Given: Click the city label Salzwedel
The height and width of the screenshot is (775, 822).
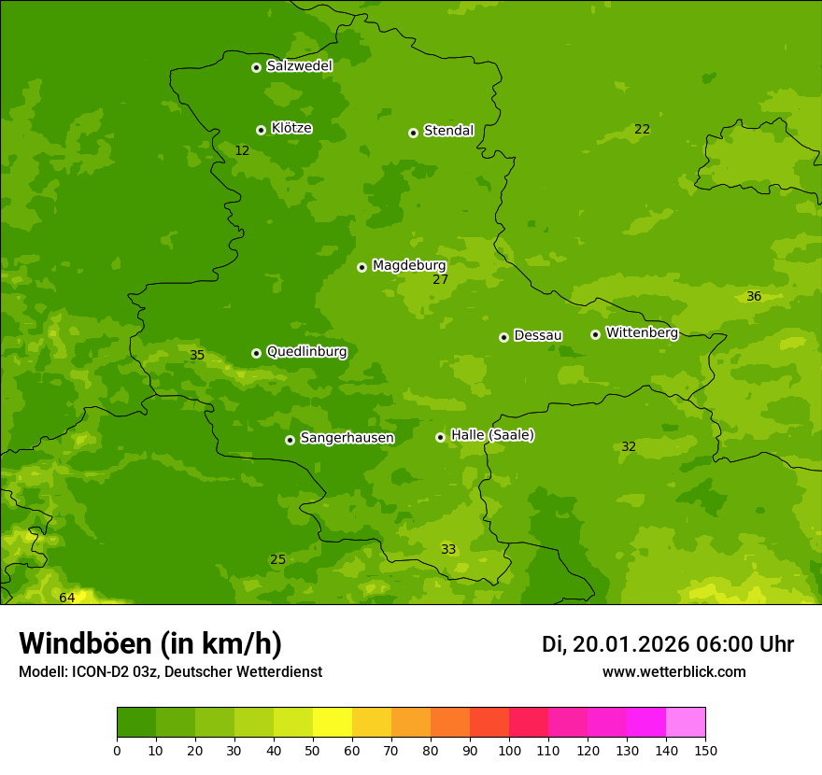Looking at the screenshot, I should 299,65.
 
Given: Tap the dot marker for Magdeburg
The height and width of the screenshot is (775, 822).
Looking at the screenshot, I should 361,267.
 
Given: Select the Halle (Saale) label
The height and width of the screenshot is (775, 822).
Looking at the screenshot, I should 492,435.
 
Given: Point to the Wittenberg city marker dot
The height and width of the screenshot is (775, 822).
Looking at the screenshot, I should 595,334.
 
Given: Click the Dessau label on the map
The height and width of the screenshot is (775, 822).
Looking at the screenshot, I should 538,335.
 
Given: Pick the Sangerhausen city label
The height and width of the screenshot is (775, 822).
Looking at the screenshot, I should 347,438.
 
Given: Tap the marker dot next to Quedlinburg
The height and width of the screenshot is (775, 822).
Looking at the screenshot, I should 256,353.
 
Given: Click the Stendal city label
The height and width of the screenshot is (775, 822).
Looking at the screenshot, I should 448,131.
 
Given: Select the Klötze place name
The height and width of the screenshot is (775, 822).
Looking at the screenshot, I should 291,128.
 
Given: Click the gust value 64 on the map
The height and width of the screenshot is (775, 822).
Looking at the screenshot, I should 67,598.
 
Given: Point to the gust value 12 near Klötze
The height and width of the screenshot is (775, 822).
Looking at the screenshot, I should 242,150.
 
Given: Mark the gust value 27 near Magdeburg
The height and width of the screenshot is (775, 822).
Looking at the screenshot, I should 441,279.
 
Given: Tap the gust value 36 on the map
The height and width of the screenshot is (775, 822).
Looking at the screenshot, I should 754,296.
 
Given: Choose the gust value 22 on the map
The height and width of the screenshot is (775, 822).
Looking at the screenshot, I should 642,129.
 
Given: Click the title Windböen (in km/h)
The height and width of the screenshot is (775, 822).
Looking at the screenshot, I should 150,643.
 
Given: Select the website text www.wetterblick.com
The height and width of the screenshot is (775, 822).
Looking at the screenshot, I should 673,672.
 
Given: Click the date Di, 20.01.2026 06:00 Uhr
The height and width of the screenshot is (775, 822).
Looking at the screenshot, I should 667,644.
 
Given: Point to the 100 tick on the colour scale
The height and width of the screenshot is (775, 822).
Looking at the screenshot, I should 509,750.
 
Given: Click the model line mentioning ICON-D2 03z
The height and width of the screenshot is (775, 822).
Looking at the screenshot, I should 170,672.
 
